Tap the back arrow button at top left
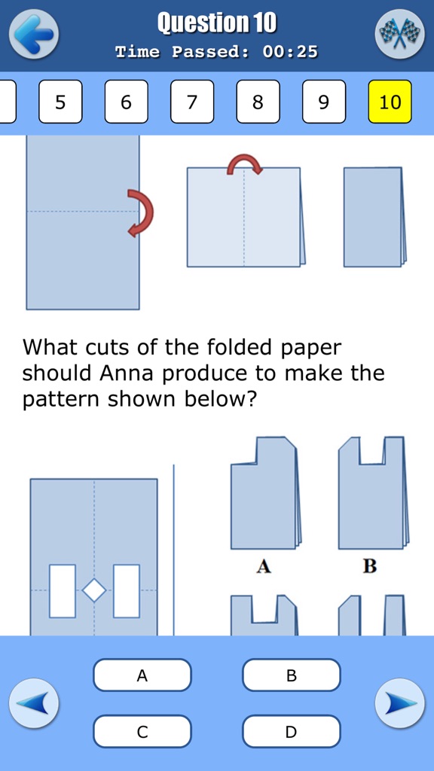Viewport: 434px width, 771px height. tap(34, 34)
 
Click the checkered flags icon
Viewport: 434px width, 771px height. tap(399, 34)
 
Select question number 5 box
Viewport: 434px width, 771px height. tap(60, 102)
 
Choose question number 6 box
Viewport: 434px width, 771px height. tap(126, 102)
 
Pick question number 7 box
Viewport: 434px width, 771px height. tap(192, 102)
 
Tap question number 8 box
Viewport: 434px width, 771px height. tap(258, 102)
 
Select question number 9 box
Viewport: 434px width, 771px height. tap(324, 102)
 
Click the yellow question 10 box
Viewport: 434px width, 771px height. tap(390, 102)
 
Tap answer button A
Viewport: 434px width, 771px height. tap(142, 675)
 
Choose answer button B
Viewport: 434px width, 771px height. tap(291, 675)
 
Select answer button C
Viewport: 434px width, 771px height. tap(142, 731)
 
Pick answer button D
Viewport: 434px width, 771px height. tap(291, 731)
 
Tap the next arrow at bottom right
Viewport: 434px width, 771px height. tap(399, 703)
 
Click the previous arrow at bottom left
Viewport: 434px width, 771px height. tap(34, 703)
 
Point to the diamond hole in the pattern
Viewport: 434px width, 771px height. tap(94, 590)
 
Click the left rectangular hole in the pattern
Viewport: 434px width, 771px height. tap(63, 591)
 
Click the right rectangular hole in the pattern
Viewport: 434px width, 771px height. tap(127, 591)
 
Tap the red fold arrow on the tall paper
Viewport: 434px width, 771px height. tap(141, 213)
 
